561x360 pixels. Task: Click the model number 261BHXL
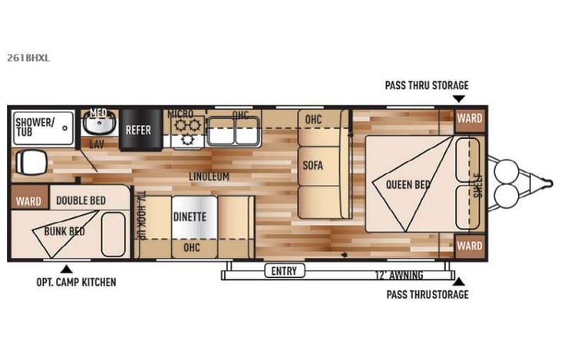tap(28, 56)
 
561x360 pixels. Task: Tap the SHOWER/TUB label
tap(35, 127)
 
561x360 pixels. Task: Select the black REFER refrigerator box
tap(138, 130)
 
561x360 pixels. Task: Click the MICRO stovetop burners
tap(185, 127)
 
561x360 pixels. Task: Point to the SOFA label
tap(312, 165)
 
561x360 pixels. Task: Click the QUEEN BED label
tap(408, 184)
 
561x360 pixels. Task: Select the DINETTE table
tap(189, 216)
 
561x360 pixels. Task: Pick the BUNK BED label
tap(64, 230)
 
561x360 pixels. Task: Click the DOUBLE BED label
tap(81, 200)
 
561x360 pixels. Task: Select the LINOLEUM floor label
tap(209, 177)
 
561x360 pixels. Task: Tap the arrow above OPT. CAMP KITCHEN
tap(66, 268)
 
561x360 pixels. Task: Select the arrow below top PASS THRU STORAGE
tap(458, 98)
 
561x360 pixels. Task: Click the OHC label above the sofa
tap(313, 120)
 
